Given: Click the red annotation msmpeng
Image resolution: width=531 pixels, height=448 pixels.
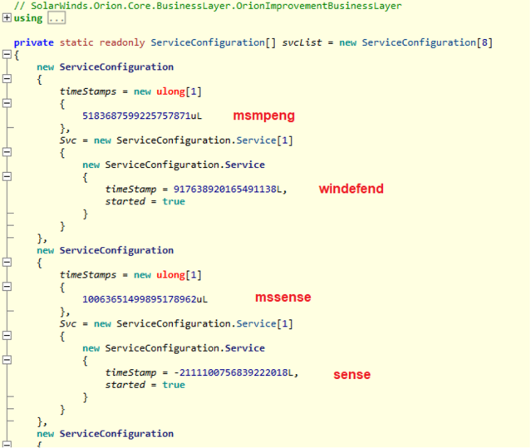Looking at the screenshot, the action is click(263, 116).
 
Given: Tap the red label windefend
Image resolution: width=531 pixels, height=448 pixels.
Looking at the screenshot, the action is click(352, 189).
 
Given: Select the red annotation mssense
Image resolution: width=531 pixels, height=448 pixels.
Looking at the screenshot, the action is click(283, 298).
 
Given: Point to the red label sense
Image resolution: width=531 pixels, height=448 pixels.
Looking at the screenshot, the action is click(352, 375).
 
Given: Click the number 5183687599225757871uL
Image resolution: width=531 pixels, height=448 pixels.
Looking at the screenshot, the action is click(142, 116).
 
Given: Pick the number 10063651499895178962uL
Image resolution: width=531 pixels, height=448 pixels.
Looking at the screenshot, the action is click(145, 299).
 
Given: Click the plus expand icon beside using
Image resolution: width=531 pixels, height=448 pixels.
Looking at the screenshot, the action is click(7, 17).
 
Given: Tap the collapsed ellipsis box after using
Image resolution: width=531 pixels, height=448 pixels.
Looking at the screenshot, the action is click(57, 18).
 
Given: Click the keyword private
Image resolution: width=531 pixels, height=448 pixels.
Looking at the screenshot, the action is click(33, 42).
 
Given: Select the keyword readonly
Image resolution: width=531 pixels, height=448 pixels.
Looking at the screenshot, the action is click(122, 42).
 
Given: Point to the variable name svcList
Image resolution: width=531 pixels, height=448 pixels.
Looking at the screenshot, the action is click(302, 42).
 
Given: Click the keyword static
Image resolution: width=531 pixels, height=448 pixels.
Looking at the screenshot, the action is click(76, 42).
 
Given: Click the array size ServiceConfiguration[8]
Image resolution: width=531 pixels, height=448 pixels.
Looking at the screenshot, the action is click(427, 42).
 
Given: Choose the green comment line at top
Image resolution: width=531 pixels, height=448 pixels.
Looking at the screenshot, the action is click(208, 6).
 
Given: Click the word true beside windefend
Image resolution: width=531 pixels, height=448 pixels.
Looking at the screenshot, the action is click(174, 201).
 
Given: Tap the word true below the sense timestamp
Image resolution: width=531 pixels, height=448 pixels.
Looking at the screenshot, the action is click(174, 385).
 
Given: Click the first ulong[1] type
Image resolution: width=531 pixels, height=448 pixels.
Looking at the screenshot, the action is click(179, 91).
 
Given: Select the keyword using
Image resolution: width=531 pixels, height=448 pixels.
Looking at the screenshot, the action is click(28, 18).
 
